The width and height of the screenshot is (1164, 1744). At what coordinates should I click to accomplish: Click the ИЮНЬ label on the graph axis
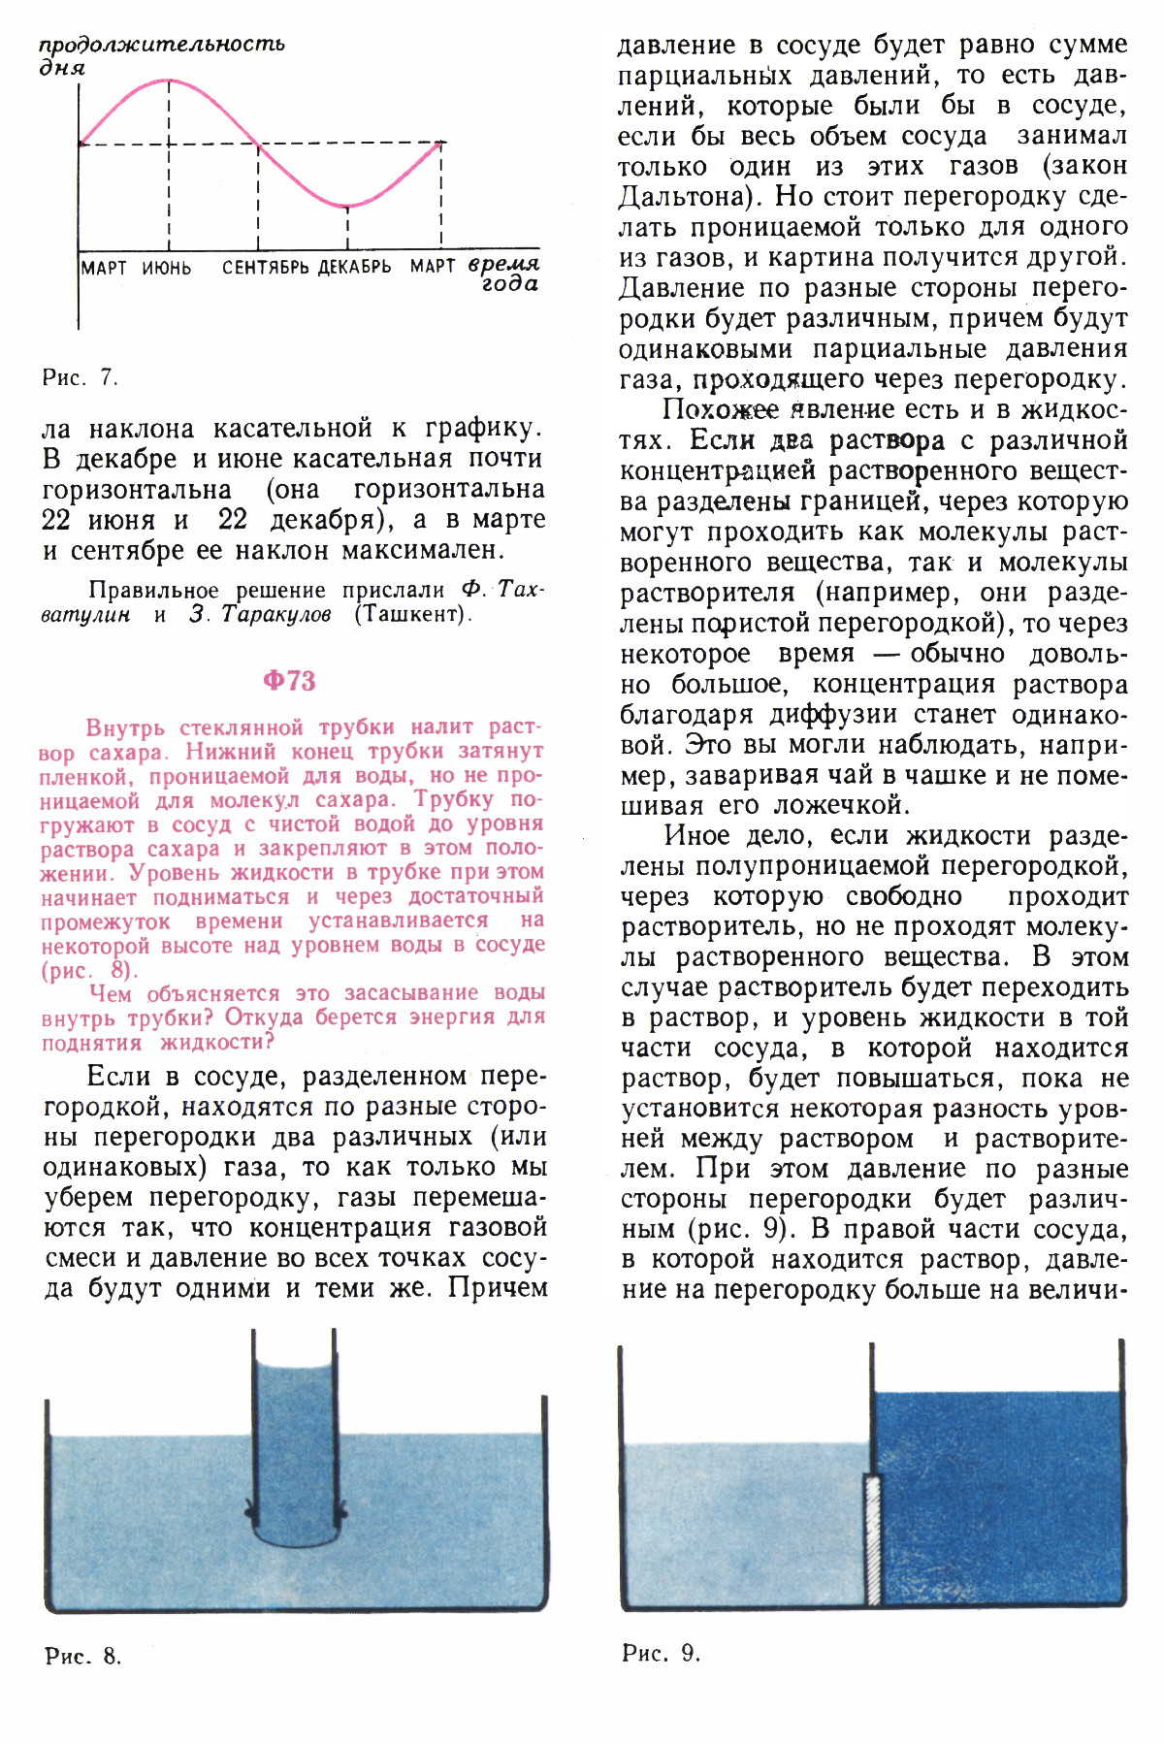click(x=167, y=268)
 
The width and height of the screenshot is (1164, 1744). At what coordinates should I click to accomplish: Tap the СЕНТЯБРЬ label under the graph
click(x=266, y=268)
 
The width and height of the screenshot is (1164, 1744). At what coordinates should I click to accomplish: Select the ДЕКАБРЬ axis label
click(x=355, y=268)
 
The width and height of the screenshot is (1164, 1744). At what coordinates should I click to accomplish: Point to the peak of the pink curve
click(x=169, y=81)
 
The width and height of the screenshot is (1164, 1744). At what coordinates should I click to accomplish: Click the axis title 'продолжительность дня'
click(x=161, y=54)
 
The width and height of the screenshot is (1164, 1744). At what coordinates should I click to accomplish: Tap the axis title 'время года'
click(x=504, y=274)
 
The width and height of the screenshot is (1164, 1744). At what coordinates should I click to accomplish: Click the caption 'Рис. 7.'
click(x=80, y=378)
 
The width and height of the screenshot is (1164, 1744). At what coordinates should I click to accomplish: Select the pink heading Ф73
click(x=289, y=681)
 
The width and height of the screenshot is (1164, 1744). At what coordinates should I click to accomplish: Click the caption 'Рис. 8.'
click(x=83, y=1656)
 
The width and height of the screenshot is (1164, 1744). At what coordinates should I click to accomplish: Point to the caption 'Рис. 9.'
click(x=661, y=1653)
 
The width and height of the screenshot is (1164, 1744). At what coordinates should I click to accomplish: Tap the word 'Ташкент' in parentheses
click(x=411, y=614)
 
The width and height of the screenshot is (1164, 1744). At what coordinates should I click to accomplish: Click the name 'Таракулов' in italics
click(x=276, y=614)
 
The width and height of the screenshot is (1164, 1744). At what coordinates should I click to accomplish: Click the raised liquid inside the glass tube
click(x=295, y=1426)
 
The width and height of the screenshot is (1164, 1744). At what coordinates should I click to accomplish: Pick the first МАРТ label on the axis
click(x=104, y=268)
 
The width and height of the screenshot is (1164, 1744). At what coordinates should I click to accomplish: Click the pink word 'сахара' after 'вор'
click(x=130, y=753)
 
